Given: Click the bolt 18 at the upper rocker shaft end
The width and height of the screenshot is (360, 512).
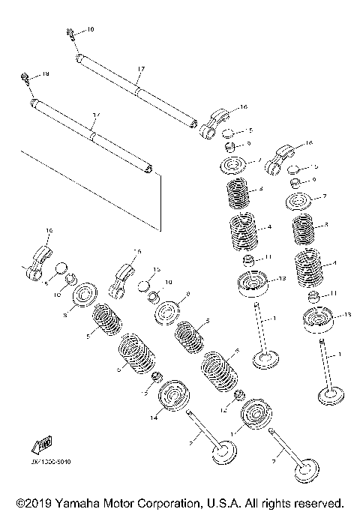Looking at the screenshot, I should point(70,31).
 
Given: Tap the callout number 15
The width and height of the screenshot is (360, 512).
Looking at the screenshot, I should point(157,269).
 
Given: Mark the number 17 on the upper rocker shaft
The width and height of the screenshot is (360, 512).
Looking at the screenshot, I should point(140,68).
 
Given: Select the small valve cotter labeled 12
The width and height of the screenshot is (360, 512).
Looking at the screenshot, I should point(239,395).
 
